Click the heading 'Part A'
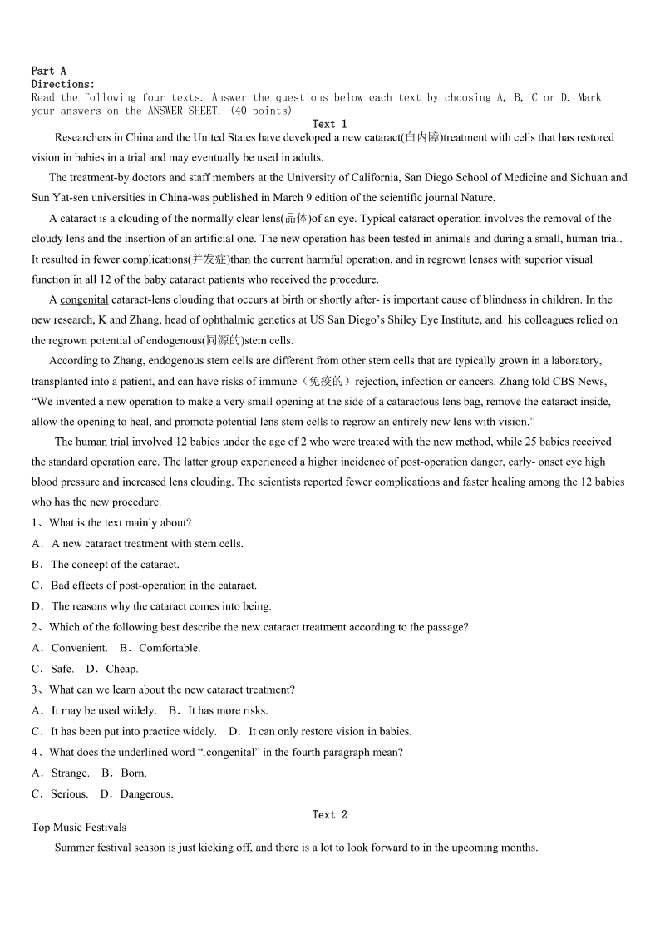pos(48,71)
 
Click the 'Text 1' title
pos(329,124)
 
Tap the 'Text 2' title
pos(329,814)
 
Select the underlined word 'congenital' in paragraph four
pos(84,299)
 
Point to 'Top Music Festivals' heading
pos(79,827)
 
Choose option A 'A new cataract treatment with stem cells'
pos(146,544)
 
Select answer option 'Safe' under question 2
pos(62,669)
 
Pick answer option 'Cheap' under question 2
pos(121,669)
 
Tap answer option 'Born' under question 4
pos(133,773)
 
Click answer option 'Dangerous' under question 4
pos(146,793)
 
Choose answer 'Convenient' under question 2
pos(79,648)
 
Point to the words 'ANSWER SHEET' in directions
pos(183,111)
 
